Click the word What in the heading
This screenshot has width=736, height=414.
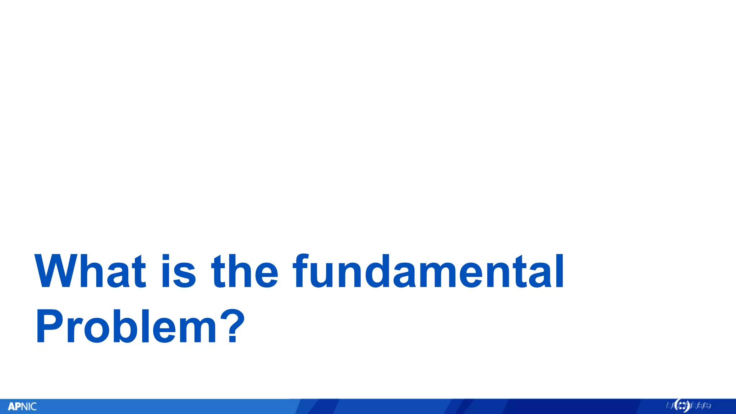coord(90,271)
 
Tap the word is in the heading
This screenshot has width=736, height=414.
coord(178,271)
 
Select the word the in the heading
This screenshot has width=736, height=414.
coord(245,271)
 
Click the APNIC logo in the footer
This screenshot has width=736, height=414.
coord(22,406)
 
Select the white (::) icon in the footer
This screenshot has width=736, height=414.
coord(682,406)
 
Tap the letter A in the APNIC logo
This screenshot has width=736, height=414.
coord(11,407)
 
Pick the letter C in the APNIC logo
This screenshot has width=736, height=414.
coord(33,407)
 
